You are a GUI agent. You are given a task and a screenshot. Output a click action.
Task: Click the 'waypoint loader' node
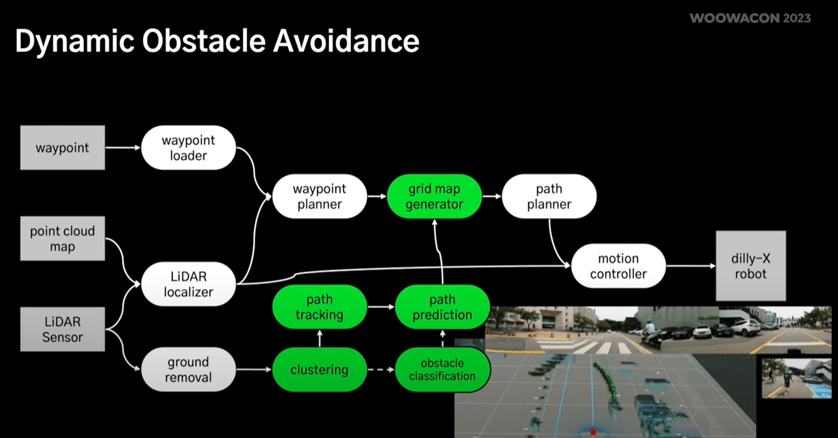click(x=188, y=148)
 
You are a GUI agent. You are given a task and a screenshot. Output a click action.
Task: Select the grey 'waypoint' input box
click(x=63, y=148)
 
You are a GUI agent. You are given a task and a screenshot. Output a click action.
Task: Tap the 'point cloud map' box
click(x=63, y=239)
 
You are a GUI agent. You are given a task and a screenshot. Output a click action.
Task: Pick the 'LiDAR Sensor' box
click(x=63, y=329)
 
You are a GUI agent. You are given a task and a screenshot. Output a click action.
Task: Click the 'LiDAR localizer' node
click(x=188, y=284)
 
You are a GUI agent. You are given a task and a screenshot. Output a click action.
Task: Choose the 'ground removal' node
click(x=188, y=370)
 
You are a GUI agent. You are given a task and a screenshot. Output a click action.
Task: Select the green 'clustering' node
click(x=319, y=370)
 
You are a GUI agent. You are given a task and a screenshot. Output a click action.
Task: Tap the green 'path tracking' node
click(x=319, y=307)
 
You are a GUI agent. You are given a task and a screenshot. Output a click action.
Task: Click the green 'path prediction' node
click(x=442, y=307)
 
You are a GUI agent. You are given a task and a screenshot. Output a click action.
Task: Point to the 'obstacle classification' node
click(x=442, y=370)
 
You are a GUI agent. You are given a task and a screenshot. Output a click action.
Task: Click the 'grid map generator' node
click(x=434, y=197)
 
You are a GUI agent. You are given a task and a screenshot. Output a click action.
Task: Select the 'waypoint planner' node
click(x=319, y=197)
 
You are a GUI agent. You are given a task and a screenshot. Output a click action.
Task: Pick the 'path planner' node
click(x=549, y=197)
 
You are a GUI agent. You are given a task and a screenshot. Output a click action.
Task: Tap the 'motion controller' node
click(x=618, y=266)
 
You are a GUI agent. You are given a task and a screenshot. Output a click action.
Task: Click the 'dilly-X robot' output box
click(x=750, y=266)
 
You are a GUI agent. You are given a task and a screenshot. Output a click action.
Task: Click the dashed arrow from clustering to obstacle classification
click(x=381, y=370)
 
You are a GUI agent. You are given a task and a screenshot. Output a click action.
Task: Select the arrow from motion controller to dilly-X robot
click(x=690, y=266)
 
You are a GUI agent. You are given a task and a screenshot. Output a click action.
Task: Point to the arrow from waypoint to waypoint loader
click(x=123, y=148)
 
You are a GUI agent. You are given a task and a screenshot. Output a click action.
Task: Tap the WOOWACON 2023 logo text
click(x=750, y=18)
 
